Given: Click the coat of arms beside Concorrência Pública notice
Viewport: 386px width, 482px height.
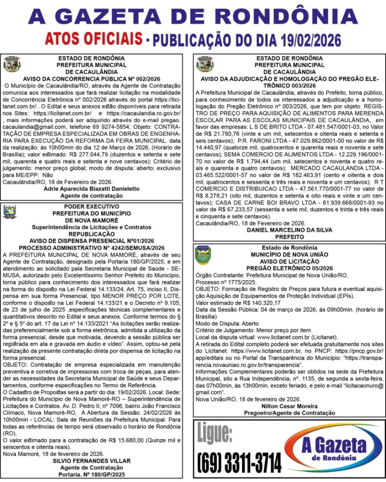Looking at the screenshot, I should pyautogui.click(x=12, y=64).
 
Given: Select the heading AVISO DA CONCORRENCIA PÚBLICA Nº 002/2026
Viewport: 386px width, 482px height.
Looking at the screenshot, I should pyautogui.click(x=91, y=79).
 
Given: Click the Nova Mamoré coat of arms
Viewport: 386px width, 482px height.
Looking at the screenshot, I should pyautogui.click(x=10, y=212).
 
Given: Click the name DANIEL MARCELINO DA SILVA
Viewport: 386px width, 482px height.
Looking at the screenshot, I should pyautogui.click(x=289, y=230).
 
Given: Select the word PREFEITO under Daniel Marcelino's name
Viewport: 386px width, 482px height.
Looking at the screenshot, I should pyautogui.click(x=289, y=237).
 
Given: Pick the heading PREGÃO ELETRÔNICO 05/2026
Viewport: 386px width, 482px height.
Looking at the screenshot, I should pyautogui.click(x=289, y=268).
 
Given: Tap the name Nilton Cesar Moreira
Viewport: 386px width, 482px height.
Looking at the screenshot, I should pyautogui.click(x=289, y=406).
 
